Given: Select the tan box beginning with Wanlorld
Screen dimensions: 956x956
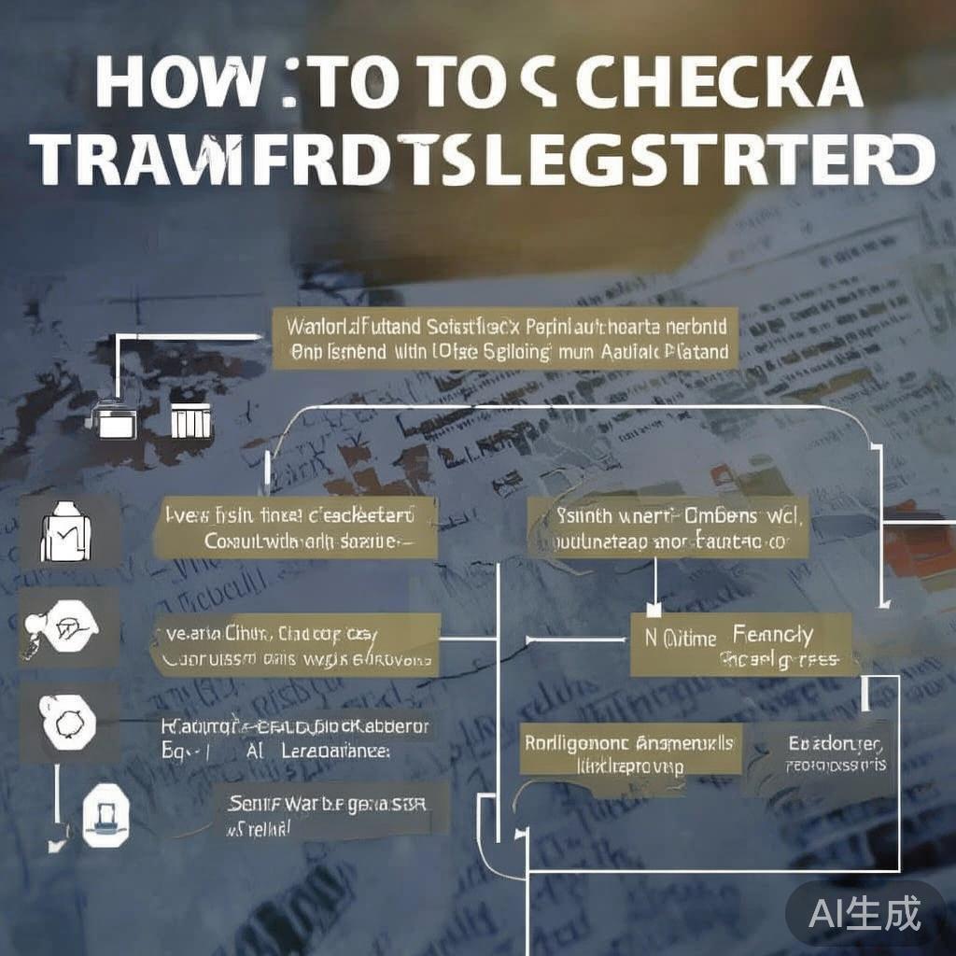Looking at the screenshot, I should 505,341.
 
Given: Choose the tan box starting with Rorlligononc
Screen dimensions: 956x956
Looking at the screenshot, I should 628,753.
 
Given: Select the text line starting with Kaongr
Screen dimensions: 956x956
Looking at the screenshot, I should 295,726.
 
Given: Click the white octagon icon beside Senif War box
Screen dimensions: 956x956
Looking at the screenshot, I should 104,815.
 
